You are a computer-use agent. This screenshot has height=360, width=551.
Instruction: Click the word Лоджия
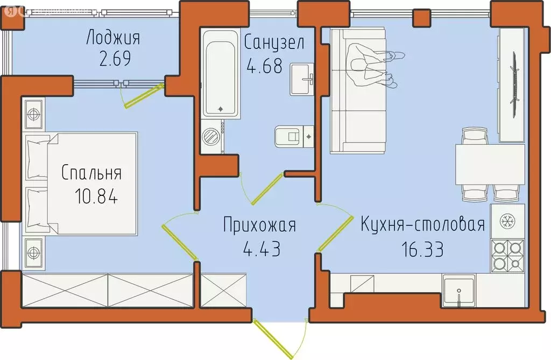pyautogui.click(x=113, y=39)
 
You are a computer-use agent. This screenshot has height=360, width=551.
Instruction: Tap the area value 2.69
pyautogui.click(x=115, y=58)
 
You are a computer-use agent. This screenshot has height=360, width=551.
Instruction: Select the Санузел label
pyautogui.click(x=274, y=42)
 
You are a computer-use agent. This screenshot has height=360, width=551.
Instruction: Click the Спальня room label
pyautogui.click(x=91, y=173)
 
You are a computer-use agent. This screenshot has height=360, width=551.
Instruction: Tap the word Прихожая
pyautogui.click(x=260, y=225)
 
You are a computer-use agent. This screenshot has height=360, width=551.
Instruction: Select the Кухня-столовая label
pyautogui.click(x=423, y=224)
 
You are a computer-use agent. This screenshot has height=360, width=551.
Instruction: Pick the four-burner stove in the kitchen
pyautogui.click(x=507, y=256)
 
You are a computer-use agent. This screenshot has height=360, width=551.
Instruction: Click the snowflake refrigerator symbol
pyautogui.click(x=507, y=220)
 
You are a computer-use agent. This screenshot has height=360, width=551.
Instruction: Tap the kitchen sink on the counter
pyautogui.click(x=458, y=291)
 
